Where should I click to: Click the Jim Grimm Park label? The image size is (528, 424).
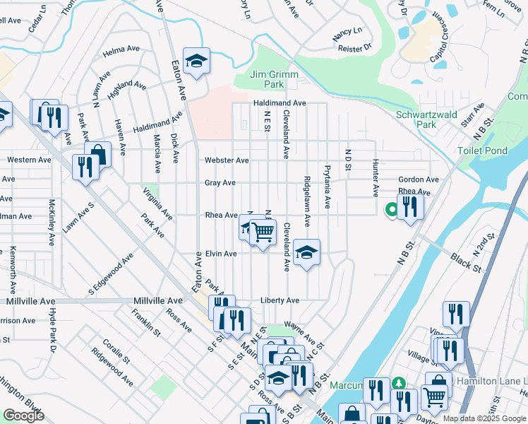(x=275, y=79)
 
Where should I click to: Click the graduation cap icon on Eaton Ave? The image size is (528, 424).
(x=197, y=61)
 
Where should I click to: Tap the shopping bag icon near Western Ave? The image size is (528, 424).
(x=98, y=154)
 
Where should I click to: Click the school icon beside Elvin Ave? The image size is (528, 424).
(x=306, y=252)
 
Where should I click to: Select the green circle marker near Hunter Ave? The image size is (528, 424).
(x=390, y=209)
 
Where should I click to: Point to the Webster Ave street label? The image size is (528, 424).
(x=227, y=160)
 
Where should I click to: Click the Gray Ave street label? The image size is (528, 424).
(x=220, y=182)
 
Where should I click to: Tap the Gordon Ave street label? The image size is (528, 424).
(x=419, y=179)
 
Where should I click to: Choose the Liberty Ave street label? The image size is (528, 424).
(x=280, y=300)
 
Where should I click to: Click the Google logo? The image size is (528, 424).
(x=23, y=416)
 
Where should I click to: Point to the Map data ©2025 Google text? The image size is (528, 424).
(x=484, y=418)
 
